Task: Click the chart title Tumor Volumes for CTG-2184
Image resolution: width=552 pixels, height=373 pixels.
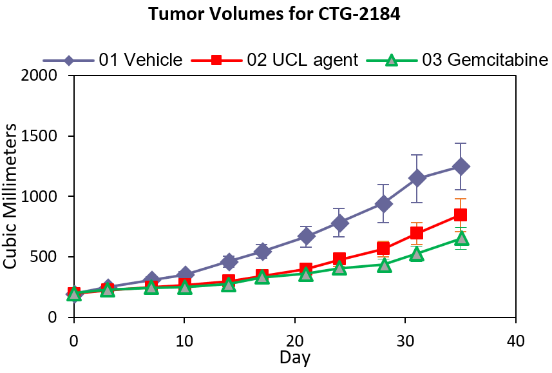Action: click(x=275, y=14)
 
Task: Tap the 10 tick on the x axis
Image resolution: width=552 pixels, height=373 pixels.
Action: click(x=184, y=340)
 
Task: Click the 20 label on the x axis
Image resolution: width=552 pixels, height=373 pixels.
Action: click(x=294, y=340)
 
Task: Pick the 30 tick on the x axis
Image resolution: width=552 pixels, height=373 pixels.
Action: click(x=405, y=340)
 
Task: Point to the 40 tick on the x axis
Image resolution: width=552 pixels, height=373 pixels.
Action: click(x=515, y=340)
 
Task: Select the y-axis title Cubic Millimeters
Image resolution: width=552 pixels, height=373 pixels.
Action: click(x=12, y=197)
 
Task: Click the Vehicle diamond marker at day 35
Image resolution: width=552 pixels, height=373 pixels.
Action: click(x=461, y=166)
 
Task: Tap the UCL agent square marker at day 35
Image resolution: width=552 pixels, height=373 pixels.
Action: click(x=461, y=215)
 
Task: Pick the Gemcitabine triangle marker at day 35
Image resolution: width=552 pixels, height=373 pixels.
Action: click(x=461, y=239)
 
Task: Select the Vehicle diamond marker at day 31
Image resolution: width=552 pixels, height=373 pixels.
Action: click(x=417, y=178)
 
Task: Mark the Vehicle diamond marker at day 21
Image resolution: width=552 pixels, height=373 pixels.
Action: click(x=306, y=237)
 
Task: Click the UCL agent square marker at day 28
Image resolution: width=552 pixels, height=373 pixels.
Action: click(x=383, y=248)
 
